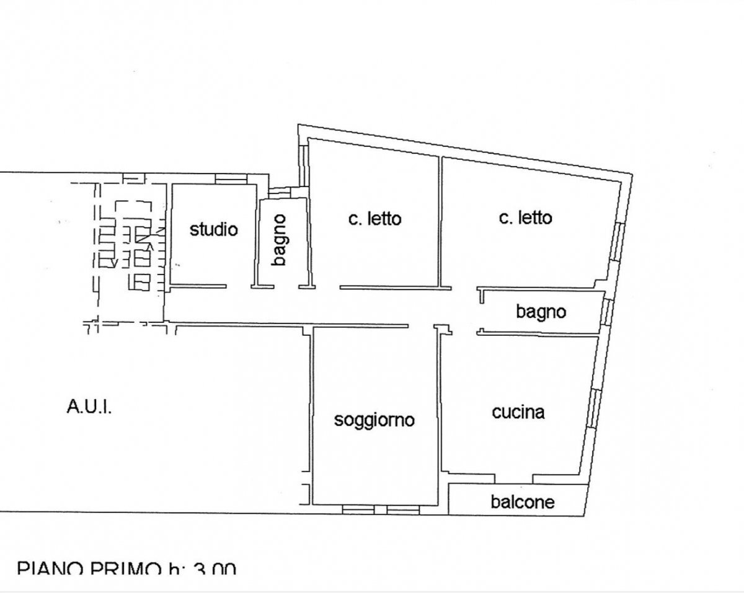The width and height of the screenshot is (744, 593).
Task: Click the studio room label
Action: click(x=213, y=229)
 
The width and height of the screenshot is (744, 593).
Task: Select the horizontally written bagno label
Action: click(x=541, y=311)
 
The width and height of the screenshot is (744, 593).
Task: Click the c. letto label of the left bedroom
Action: click(x=374, y=219)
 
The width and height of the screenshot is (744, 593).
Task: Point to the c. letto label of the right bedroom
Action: click(x=525, y=217)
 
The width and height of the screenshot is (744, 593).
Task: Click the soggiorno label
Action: click(x=374, y=419)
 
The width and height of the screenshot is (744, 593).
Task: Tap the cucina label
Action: click(x=518, y=412)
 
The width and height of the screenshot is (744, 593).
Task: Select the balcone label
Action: click(x=522, y=501)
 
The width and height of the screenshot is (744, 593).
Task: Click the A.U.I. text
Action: click(x=89, y=408)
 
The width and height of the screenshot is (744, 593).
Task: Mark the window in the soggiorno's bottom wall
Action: click(x=381, y=509)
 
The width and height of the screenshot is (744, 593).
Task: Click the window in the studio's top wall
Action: click(x=231, y=179)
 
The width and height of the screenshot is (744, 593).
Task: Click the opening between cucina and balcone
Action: click(x=514, y=478)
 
